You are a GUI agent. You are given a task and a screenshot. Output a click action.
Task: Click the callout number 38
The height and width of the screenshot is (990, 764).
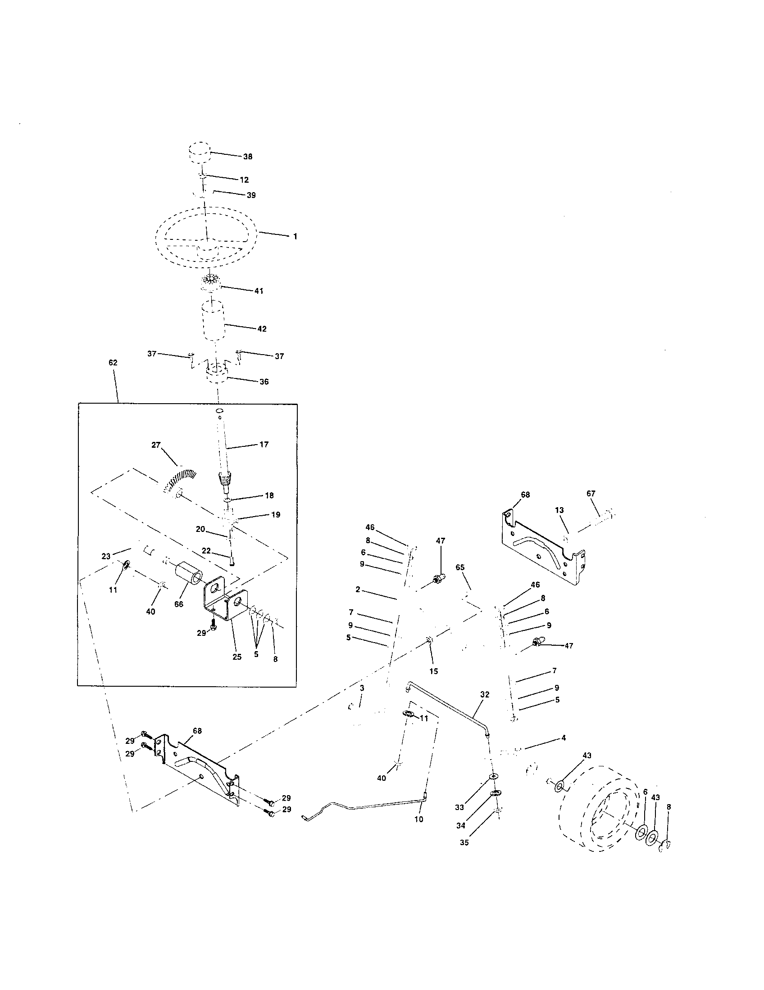(x=248, y=157)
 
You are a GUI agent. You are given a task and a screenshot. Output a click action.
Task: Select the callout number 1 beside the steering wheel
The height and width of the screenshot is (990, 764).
(x=295, y=236)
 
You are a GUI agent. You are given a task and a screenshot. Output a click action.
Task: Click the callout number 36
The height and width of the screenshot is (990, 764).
(x=264, y=381)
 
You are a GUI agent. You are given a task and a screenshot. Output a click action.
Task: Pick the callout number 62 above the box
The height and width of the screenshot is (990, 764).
(x=113, y=363)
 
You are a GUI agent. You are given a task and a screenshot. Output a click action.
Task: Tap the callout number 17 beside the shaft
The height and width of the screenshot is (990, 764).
(x=264, y=444)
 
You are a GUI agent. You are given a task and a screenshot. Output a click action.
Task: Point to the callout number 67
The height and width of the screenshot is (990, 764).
(x=591, y=494)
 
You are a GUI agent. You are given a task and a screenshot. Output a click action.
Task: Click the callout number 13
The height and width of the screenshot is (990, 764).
(x=559, y=510)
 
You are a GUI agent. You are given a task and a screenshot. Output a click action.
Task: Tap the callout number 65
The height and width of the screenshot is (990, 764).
(x=460, y=567)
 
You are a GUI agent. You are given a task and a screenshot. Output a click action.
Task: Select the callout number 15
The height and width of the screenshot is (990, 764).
(x=434, y=671)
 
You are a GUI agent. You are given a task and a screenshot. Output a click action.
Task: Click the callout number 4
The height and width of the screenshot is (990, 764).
(x=564, y=738)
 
